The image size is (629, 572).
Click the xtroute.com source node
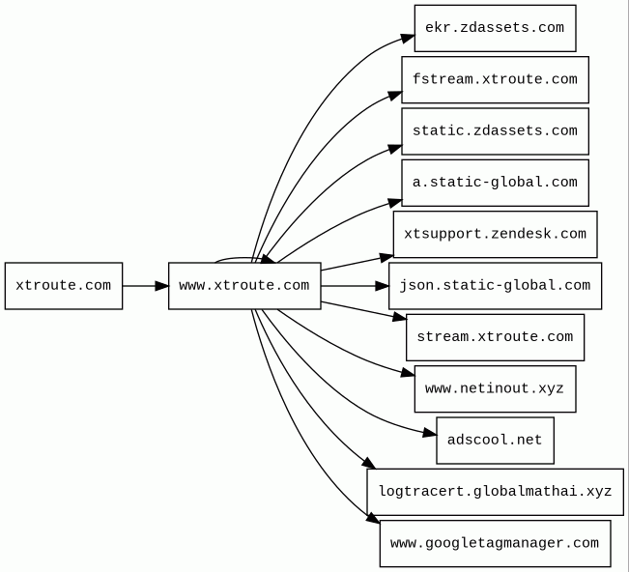(64, 286)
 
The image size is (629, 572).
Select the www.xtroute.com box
(244, 286)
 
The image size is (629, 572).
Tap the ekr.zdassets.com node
(495, 28)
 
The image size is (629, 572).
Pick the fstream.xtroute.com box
(495, 80)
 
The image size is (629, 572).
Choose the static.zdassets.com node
(495, 131)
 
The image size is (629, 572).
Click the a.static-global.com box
(495, 183)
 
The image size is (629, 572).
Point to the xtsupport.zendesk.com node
(495, 234)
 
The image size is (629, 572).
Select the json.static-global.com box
(495, 286)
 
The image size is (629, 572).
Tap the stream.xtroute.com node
(495, 337)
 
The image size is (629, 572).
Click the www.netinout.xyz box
(495, 388)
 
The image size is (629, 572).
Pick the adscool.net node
(495, 441)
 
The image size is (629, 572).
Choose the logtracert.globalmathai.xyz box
(495, 492)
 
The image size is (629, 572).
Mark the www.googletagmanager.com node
(495, 544)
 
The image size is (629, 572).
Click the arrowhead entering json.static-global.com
(382, 286)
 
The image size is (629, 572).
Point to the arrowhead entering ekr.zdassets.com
(408, 38)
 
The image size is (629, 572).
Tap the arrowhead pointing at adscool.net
(430, 433)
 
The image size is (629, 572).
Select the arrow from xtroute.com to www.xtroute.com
(146, 286)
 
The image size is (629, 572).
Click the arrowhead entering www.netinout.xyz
(408, 374)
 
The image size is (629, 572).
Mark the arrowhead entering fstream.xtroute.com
(395, 96)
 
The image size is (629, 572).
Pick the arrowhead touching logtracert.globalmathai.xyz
(368, 463)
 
